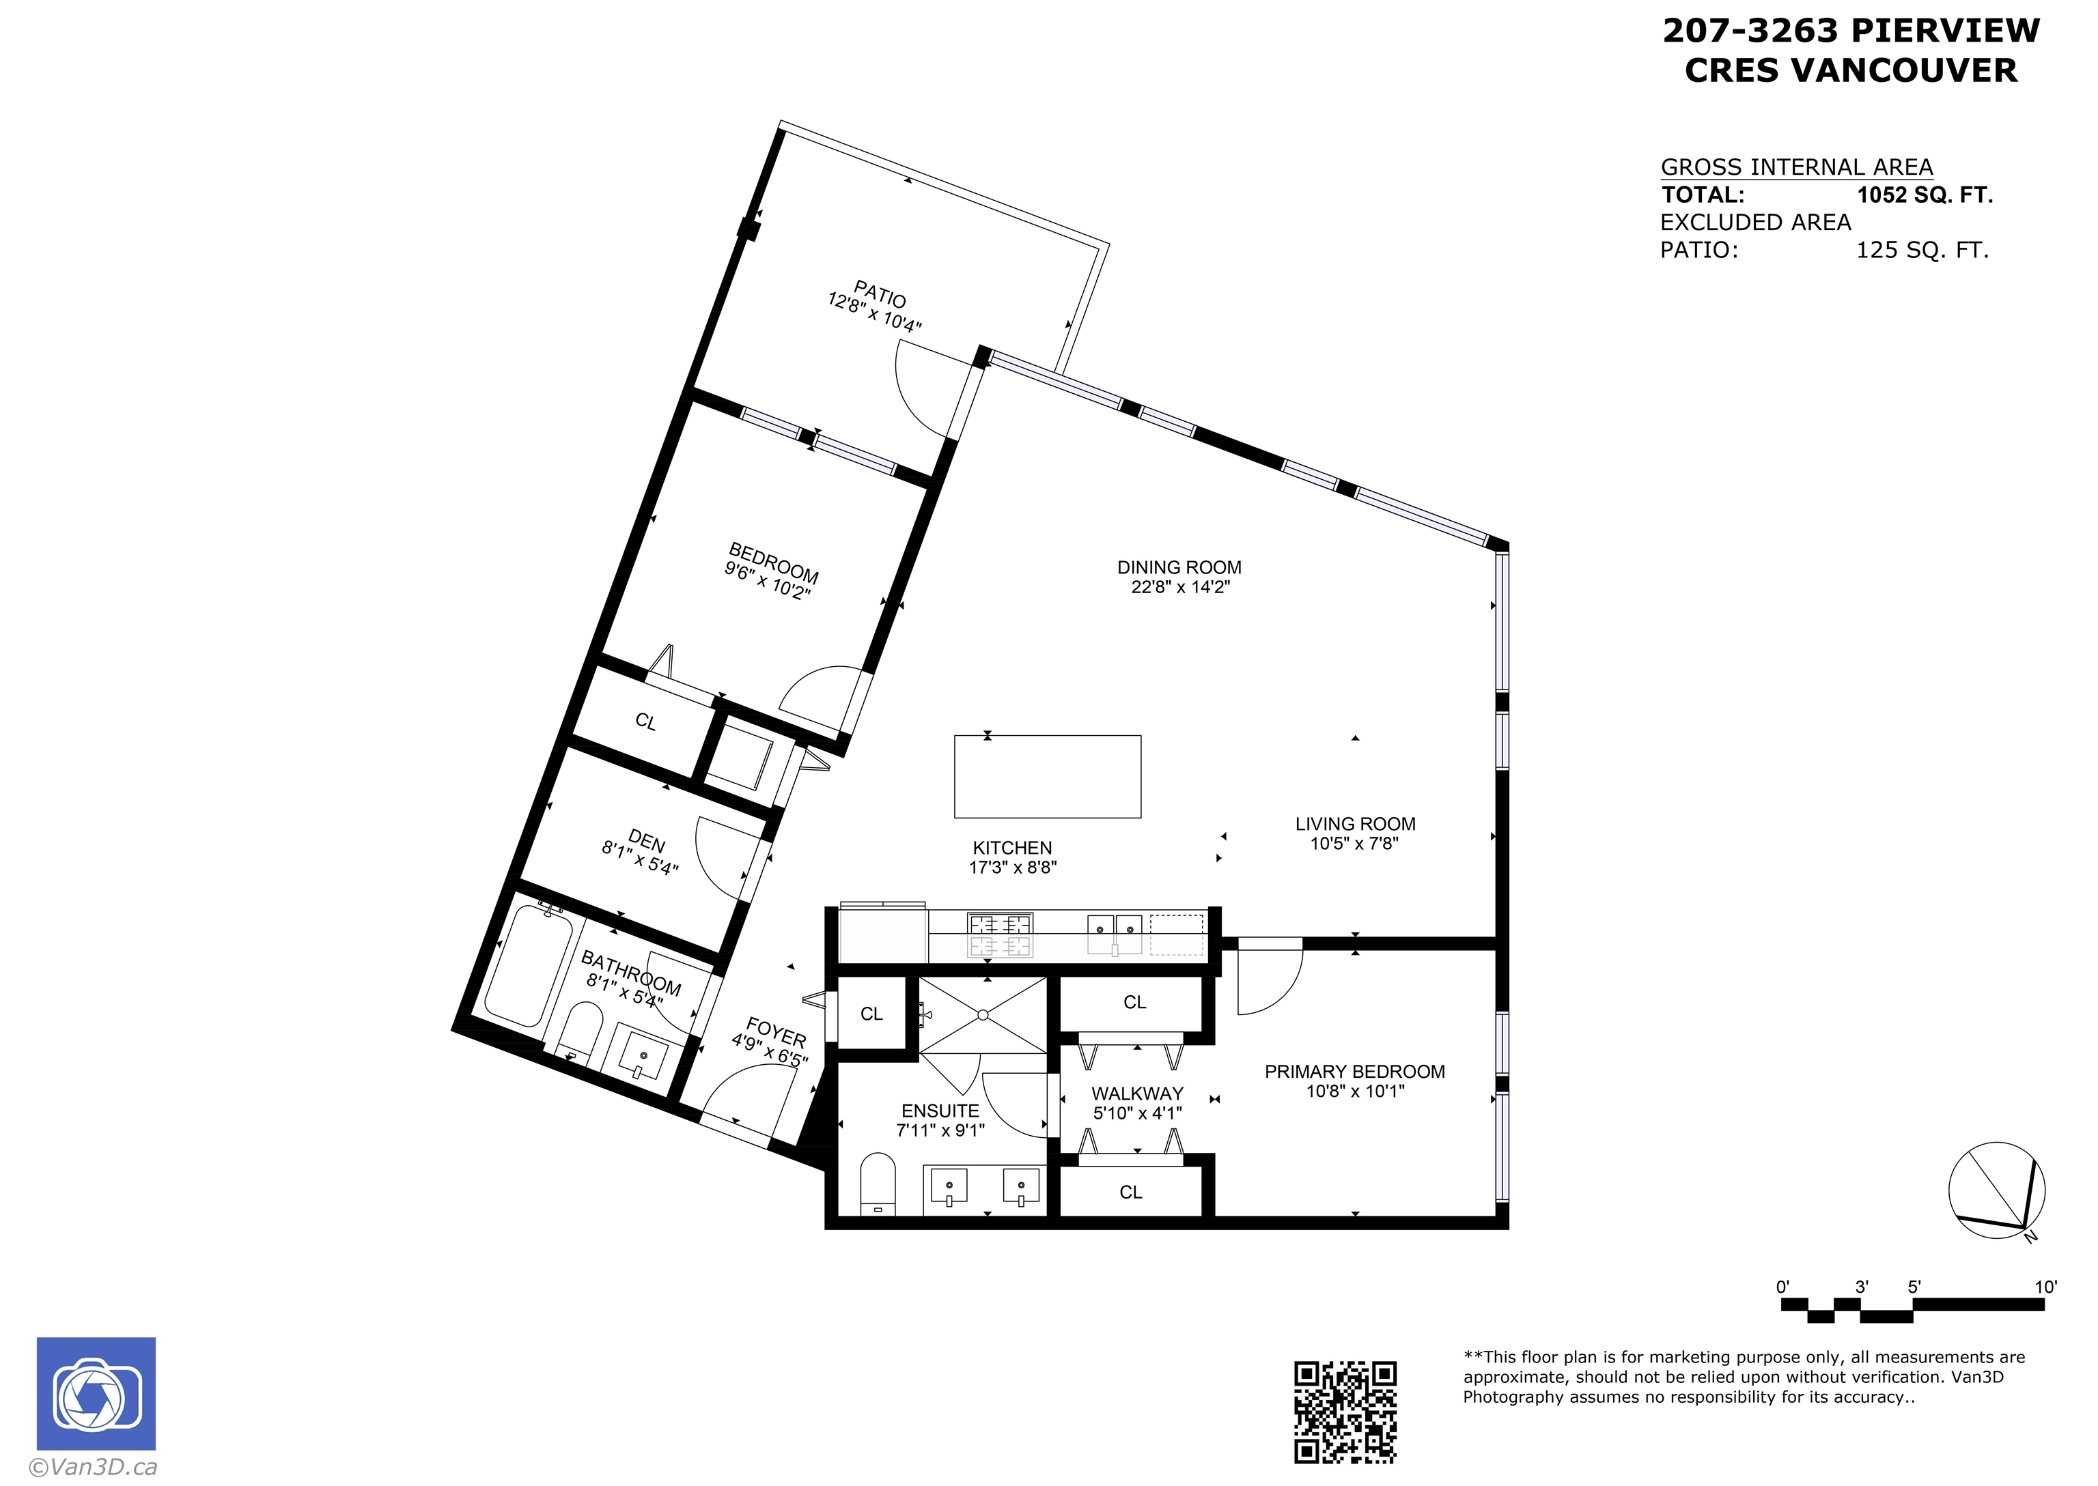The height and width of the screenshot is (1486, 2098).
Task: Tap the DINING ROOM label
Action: click(x=1179, y=567)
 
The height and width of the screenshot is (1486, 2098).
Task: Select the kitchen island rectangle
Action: click(x=1047, y=776)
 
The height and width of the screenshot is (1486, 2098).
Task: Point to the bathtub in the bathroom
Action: click(x=527, y=965)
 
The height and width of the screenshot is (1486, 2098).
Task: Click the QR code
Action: click(x=1345, y=1412)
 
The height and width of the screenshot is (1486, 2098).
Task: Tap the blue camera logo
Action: click(x=96, y=1394)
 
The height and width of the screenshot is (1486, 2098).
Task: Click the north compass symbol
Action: click(x=1996, y=1191)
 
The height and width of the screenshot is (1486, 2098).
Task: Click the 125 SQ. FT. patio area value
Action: click(x=1922, y=250)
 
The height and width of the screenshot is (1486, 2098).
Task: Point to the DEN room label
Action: click(x=646, y=840)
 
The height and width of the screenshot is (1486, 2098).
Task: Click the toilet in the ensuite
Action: click(x=878, y=1184)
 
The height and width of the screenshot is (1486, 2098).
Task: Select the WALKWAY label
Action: click(x=1137, y=1094)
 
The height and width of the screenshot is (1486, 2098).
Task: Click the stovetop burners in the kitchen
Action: click(x=1000, y=934)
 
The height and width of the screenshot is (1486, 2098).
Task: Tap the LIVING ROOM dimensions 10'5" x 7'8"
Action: click(x=1355, y=843)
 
